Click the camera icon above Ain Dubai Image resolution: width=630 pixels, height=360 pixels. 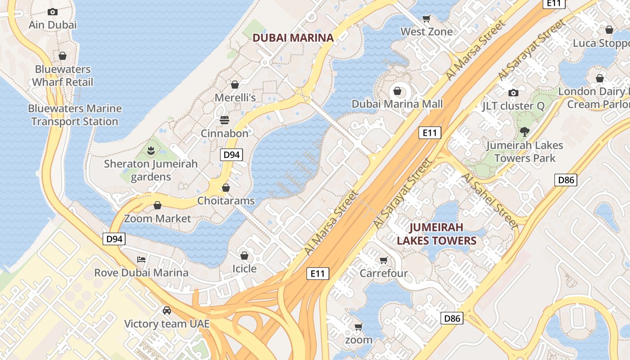pos(53,12)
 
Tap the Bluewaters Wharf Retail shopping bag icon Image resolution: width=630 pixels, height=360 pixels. pos(63,56)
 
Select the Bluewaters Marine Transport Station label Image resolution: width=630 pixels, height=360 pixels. pos(75,115)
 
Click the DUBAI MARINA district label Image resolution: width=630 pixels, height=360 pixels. pos(293,38)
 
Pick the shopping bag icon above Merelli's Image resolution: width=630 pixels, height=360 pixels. pos(234,85)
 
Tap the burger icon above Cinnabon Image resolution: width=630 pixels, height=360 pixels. pos(224,120)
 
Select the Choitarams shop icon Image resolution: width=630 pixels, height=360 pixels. pos(226,188)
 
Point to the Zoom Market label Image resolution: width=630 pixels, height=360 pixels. pos(157,219)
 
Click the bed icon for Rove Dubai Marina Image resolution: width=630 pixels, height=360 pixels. pos(141,260)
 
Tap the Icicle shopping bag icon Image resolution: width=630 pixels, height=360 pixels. pos(244,256)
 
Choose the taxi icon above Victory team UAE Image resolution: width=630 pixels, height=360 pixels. pos(167,310)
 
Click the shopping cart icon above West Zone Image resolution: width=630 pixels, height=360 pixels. pos(426,18)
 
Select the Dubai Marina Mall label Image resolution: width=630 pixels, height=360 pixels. pos(397,104)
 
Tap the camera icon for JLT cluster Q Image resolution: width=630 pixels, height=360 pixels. pos(513,93)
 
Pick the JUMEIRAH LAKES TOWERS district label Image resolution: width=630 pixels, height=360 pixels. pos(436,234)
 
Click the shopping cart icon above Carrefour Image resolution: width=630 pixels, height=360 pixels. pos(383,260)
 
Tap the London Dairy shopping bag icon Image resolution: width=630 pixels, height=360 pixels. pos(599,79)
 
